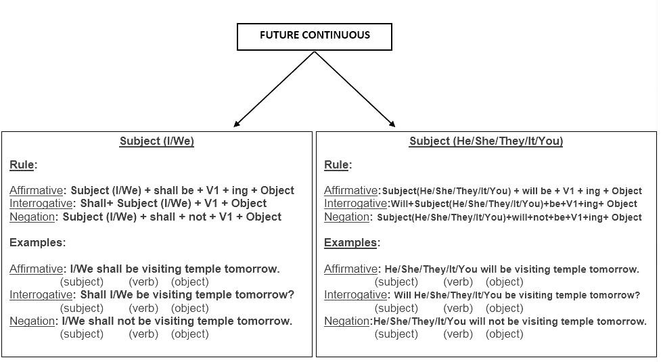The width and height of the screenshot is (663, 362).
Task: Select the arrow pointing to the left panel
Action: [x=274, y=89]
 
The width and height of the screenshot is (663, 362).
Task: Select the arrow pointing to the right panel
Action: [x=355, y=89]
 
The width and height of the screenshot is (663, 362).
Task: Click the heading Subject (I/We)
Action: [x=157, y=141]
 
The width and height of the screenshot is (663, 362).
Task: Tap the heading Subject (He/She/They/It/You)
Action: [x=486, y=141]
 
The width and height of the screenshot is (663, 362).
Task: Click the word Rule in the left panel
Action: [x=22, y=164]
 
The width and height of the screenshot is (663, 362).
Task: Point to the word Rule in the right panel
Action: [x=336, y=164]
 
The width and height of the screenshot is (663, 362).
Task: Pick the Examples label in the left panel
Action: [x=37, y=242]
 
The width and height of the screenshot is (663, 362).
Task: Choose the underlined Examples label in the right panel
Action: [x=350, y=242]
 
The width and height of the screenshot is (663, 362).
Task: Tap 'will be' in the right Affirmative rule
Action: [x=537, y=191]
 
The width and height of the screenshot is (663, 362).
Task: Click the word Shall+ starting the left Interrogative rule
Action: [x=97, y=204]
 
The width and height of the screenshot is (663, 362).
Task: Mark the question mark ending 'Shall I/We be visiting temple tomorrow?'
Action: [x=291, y=294]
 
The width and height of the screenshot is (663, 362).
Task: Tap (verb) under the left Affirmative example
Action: [x=143, y=282]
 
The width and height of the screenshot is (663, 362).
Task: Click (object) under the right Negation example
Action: [x=505, y=334]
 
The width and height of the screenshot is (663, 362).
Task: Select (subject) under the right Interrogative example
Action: [x=396, y=309]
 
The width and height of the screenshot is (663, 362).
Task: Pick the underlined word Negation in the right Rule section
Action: [x=346, y=217]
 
